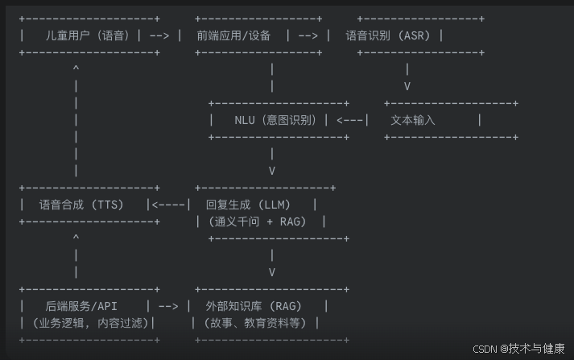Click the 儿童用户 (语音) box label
tap(89, 35)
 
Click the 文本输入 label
tap(412, 120)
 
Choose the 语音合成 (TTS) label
tap(81, 205)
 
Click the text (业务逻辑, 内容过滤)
tap(86, 323)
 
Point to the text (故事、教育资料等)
tap(256, 323)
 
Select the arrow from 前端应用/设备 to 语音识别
tap(308, 35)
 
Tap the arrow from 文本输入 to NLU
tap(351, 120)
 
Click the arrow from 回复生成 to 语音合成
tap(171, 205)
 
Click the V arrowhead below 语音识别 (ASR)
tap(407, 86)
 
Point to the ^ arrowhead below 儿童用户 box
tap(76, 69)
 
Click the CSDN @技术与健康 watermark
tap(518, 349)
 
